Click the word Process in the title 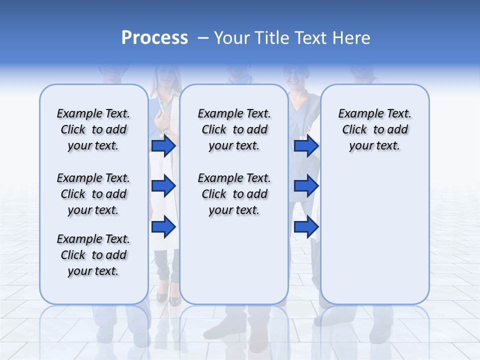pos(154,38)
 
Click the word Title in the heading pos(273,38)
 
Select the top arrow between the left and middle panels pos(163,146)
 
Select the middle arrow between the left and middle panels pos(163,186)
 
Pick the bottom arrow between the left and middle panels pos(163,227)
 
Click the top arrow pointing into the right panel pos(306,146)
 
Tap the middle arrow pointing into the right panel pos(306,186)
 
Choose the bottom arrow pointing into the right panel pos(306,227)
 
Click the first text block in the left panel pos(93,129)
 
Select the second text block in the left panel pos(93,194)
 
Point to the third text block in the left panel pos(93,255)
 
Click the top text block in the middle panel pos(234,129)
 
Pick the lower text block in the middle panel pos(234,194)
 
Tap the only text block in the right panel pos(374,129)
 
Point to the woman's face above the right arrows pos(294,76)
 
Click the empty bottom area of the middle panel pos(234,265)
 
